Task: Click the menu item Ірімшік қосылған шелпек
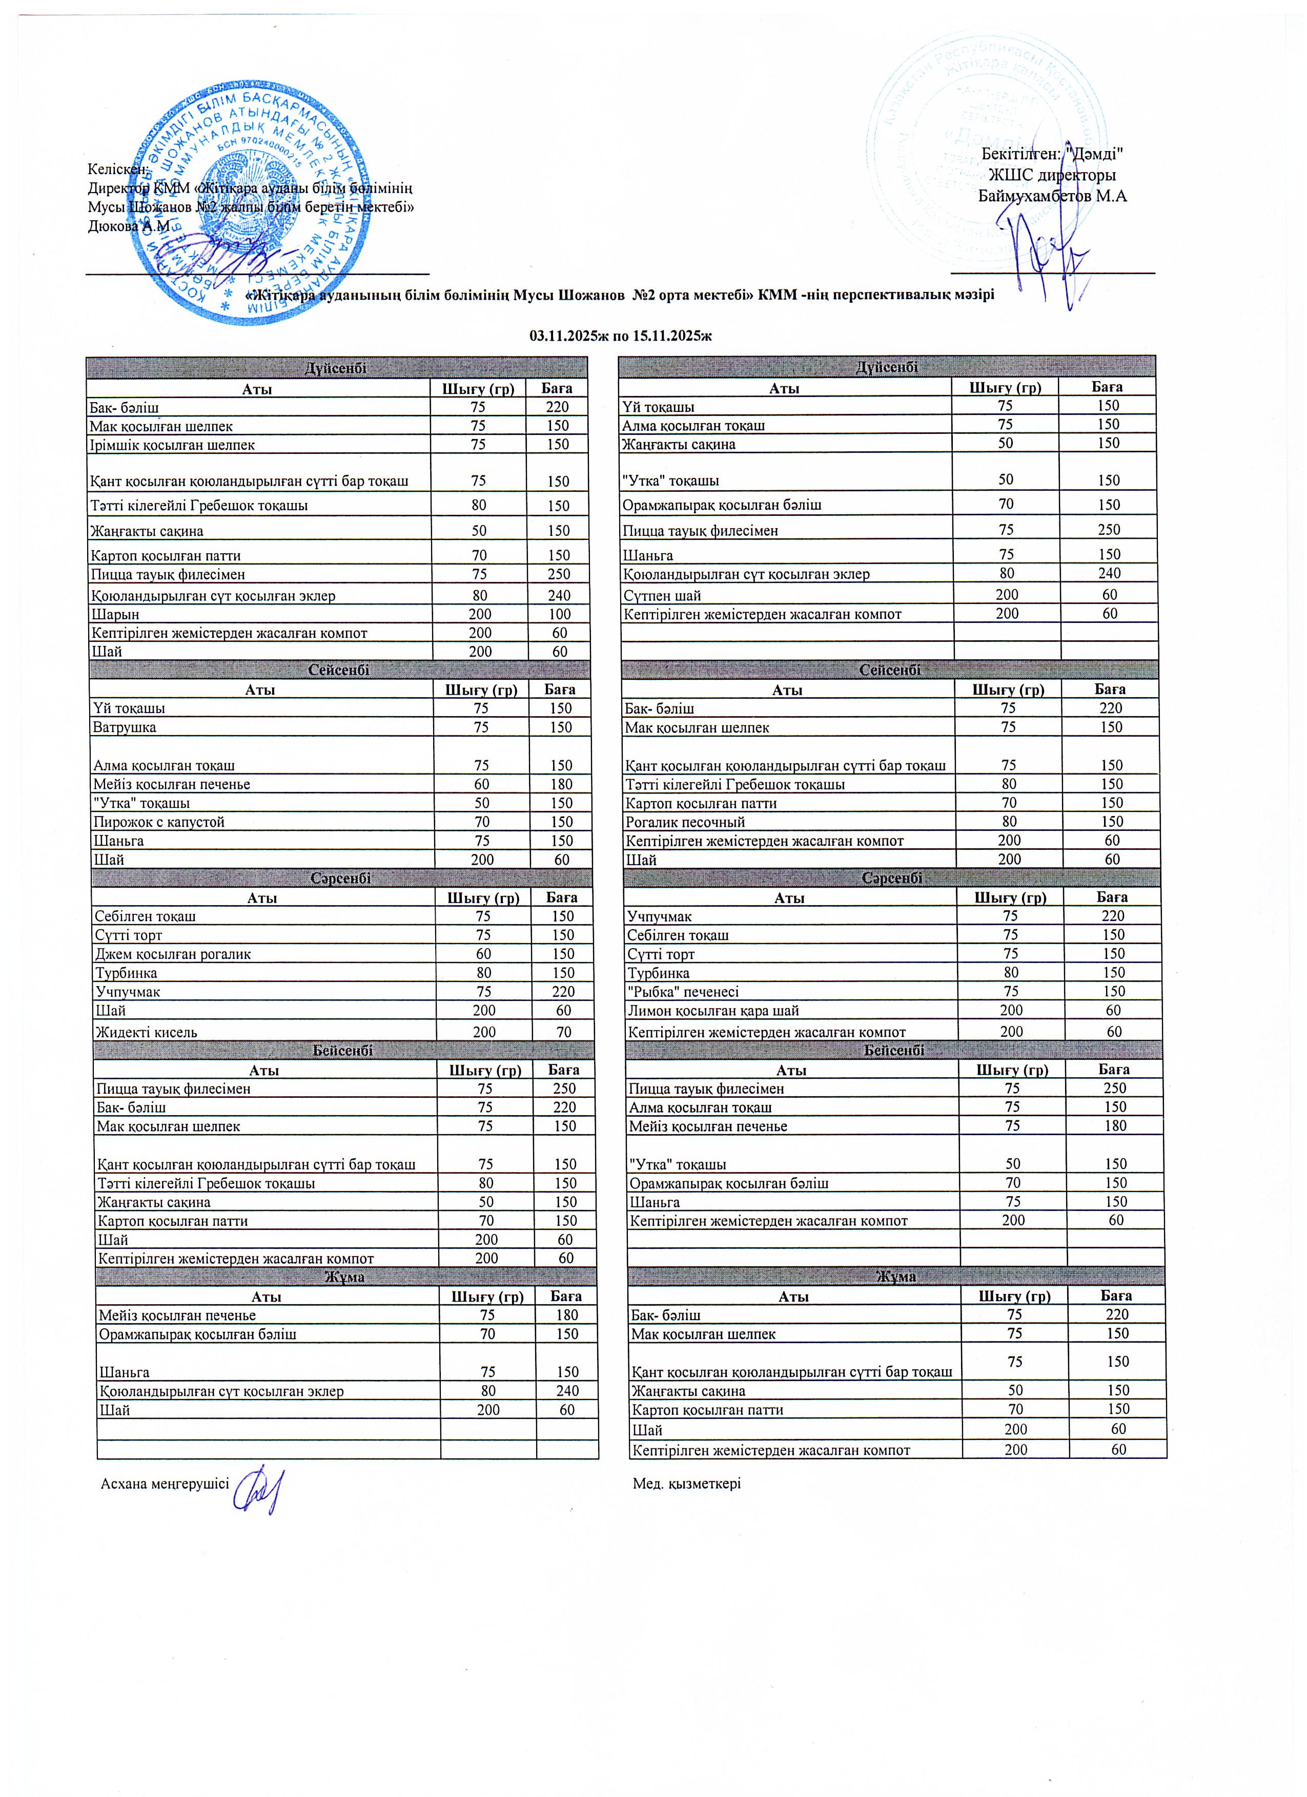[172, 445]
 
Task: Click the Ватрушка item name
[125, 727]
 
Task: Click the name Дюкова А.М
[129, 226]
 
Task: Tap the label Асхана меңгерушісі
[165, 1483]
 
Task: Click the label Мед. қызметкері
[686, 1483]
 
